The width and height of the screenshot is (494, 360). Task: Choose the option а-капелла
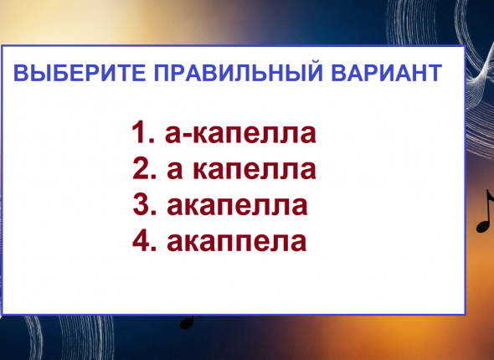[240, 134]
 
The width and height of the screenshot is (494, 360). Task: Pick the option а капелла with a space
[241, 170]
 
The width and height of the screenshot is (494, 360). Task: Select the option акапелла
[237, 206]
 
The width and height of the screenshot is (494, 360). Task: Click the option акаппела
[236, 242]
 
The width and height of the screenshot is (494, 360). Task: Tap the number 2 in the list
[141, 168]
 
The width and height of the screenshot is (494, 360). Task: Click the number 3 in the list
[141, 204]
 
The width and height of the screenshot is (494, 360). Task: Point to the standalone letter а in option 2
[174, 171]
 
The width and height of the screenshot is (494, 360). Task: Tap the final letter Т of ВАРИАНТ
[434, 73]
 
